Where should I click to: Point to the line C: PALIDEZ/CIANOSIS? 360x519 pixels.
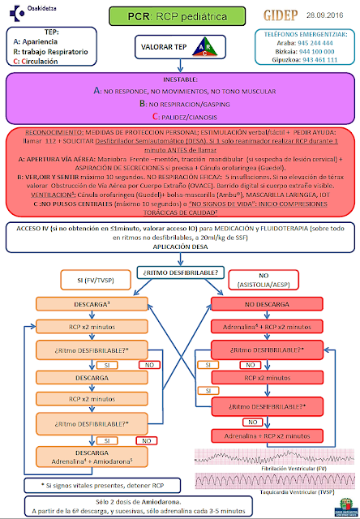(x=180, y=117)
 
